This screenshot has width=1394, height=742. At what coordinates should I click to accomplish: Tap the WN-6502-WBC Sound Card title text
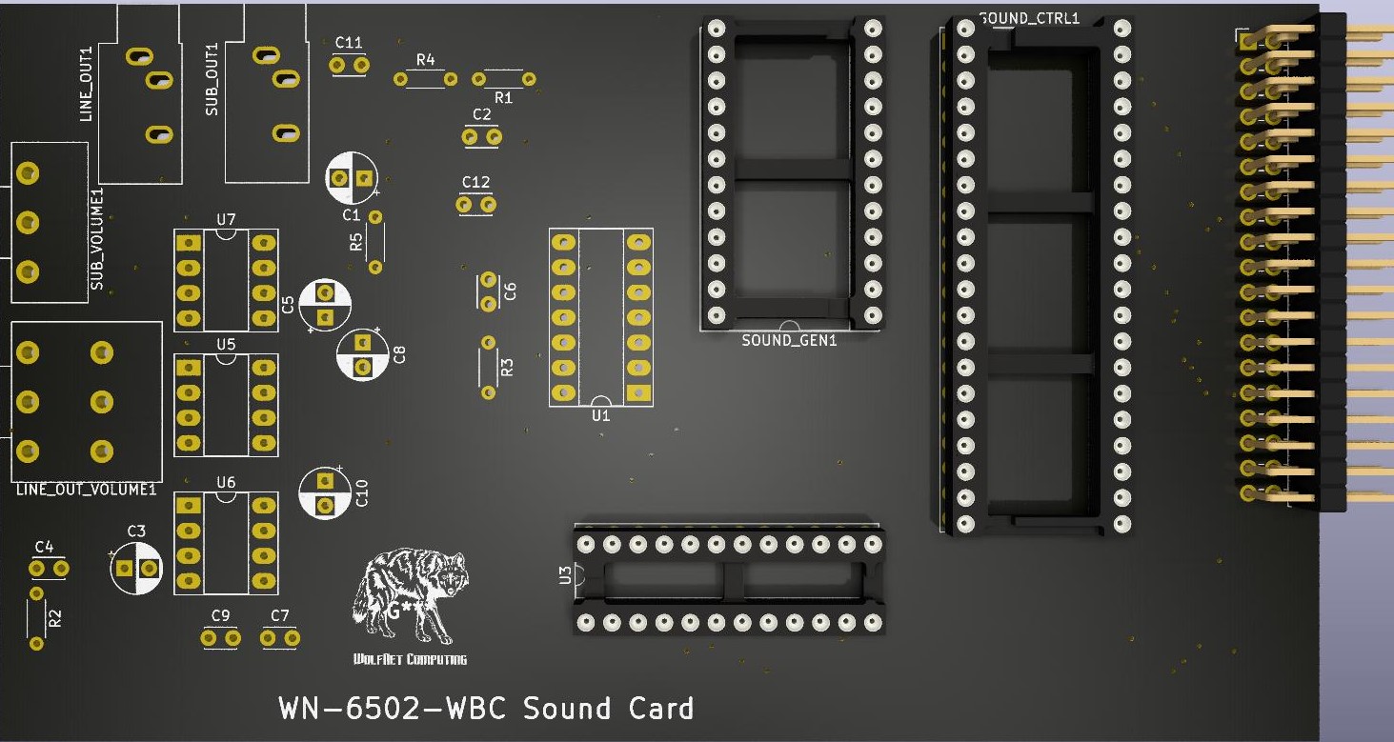pos(486,709)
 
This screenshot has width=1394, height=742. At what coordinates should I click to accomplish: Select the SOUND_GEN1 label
pos(788,340)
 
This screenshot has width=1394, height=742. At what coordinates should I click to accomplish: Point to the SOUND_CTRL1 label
pos(1029,18)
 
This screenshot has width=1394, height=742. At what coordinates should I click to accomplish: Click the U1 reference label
pos(601,415)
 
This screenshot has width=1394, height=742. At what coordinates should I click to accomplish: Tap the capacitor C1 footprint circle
pos(352,178)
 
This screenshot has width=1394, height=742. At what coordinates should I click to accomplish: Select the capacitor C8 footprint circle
pos(362,354)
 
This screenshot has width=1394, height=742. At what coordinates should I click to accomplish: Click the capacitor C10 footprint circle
pos(325,493)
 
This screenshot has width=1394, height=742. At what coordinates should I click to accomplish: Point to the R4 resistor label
pos(425,60)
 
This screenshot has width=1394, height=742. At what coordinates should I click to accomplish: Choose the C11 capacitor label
pos(349,43)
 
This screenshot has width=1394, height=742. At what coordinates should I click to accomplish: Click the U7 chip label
pos(226,220)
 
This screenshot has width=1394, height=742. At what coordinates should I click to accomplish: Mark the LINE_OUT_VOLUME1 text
pos(86,490)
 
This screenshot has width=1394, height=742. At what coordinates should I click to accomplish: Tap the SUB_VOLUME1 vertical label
pos(96,240)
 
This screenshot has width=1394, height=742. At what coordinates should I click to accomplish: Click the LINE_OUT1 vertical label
pos(87,84)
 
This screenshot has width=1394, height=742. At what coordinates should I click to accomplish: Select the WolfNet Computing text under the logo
pos(410,659)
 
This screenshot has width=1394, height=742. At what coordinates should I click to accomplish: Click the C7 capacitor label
pos(279,616)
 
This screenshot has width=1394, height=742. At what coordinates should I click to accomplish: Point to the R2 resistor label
pos(55,617)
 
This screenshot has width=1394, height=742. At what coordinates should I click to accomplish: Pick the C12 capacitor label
pos(475,182)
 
